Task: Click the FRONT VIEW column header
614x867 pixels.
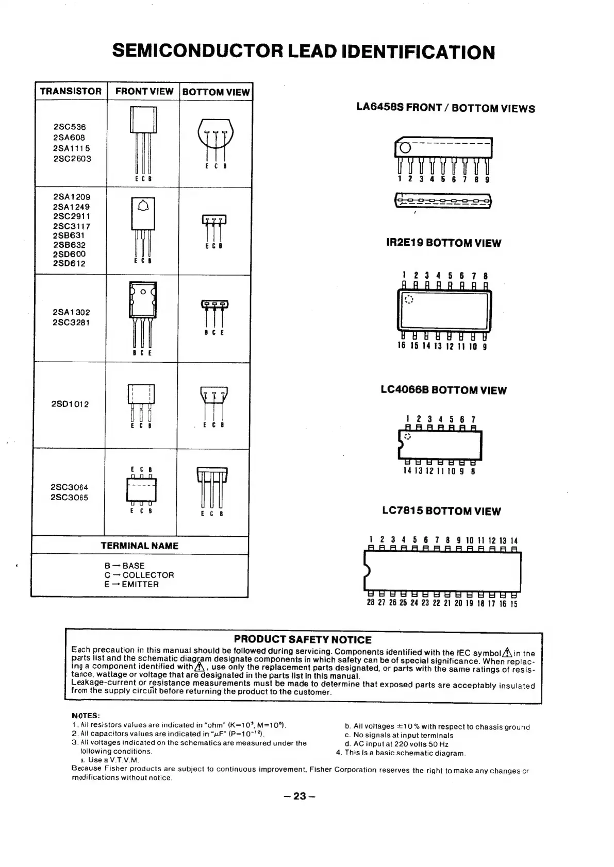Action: [144, 91]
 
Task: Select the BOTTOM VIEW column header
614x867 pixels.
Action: [216, 92]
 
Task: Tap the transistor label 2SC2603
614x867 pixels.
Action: [72, 159]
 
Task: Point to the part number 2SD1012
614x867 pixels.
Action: [70, 404]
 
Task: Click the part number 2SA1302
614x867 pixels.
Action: [71, 312]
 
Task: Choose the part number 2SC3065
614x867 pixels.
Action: [69, 498]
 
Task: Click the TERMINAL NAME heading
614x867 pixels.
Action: [139, 546]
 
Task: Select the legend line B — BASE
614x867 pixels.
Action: [124, 566]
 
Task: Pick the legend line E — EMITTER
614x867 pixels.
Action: [131, 584]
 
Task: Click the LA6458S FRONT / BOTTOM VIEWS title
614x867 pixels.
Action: [445, 108]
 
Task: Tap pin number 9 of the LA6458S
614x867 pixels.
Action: [487, 179]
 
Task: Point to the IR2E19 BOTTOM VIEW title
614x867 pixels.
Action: [443, 243]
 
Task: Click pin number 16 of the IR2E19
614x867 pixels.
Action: [402, 346]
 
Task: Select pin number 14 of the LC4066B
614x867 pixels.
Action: [406, 470]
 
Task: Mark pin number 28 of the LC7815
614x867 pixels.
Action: [370, 603]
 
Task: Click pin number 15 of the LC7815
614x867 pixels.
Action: [513, 604]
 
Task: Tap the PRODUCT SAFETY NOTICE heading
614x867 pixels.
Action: [303, 640]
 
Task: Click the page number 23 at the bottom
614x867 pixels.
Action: [299, 796]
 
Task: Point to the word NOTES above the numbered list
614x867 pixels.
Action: [86, 716]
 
